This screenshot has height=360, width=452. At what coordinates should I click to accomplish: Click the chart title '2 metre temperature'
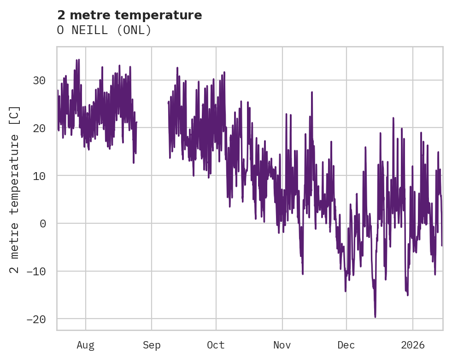[129, 15]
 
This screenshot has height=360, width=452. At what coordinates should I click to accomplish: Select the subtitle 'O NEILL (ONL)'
[104, 30]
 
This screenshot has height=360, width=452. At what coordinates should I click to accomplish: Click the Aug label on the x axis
[86, 345]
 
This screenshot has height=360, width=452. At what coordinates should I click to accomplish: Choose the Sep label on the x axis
[152, 345]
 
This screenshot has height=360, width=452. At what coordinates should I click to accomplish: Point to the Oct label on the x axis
[216, 345]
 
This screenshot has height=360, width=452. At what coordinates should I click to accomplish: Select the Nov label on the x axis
[282, 345]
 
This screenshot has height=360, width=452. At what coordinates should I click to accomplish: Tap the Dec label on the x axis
[346, 345]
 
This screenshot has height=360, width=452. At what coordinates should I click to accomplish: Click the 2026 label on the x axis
[412, 345]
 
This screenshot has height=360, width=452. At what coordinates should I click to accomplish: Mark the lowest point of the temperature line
[375, 317]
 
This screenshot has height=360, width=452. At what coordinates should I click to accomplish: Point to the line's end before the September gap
[137, 122]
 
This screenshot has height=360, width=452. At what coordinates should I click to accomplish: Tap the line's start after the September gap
[168, 102]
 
